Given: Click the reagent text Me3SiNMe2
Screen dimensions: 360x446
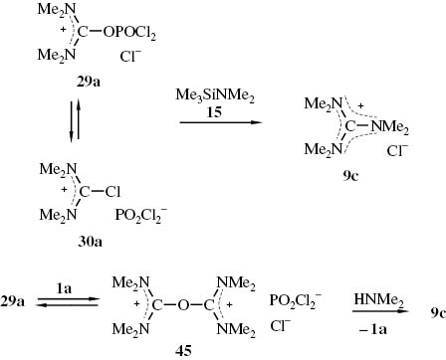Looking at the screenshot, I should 212,95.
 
